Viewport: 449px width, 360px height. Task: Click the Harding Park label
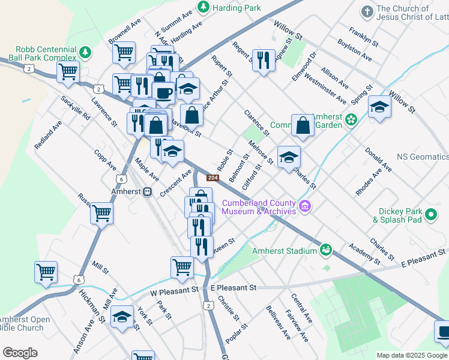(x=236, y=8)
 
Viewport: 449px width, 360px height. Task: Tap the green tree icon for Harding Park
(x=203, y=7)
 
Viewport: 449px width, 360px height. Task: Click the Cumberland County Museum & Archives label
(x=259, y=206)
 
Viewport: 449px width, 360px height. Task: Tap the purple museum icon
(x=306, y=206)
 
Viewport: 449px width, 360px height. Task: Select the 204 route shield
(x=212, y=178)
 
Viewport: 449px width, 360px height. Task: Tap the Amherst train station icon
(x=147, y=192)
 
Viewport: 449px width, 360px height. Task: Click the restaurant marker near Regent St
(x=264, y=60)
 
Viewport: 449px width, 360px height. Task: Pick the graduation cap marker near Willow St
(x=379, y=107)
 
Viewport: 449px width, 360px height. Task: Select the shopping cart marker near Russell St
(x=102, y=212)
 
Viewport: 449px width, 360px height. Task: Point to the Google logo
(x=20, y=353)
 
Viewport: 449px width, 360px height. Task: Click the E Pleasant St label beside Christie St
(x=234, y=288)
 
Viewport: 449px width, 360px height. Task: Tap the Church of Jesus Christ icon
(x=367, y=12)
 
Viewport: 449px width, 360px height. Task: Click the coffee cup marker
(x=163, y=92)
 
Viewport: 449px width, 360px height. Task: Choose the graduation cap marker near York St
(x=122, y=317)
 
